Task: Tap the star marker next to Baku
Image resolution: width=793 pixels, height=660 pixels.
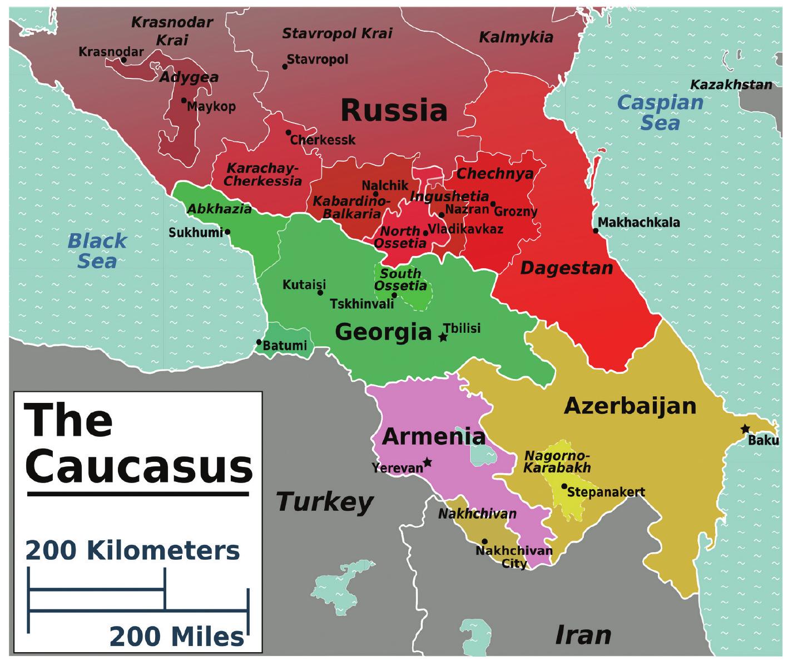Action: tap(745, 428)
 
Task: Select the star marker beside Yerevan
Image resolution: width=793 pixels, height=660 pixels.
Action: tap(427, 462)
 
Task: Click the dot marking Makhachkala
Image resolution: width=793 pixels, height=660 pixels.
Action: tap(595, 230)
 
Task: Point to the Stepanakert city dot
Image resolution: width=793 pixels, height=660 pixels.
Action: tap(564, 486)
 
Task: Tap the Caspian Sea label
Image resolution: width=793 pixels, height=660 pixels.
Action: tap(660, 112)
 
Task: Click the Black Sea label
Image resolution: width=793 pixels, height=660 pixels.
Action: tap(97, 251)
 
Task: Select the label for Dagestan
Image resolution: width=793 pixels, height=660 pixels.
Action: tap(566, 268)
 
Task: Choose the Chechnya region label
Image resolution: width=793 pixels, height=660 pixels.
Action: tap(494, 174)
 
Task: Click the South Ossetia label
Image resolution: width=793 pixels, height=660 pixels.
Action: tap(400, 279)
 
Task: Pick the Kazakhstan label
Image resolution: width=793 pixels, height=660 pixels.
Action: tap(731, 85)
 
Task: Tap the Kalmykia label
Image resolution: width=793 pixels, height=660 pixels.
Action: tap(516, 37)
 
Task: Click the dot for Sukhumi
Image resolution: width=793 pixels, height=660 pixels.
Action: tap(227, 232)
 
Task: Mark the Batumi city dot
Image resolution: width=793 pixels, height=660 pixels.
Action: tap(259, 342)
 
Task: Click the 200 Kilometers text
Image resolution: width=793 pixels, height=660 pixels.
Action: tap(132, 551)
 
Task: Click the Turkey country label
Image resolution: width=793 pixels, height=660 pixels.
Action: tap(325, 502)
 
